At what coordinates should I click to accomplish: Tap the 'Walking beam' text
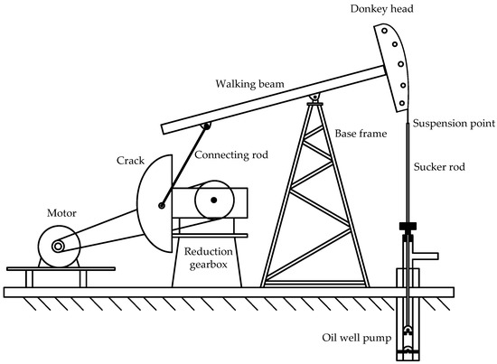coord(250,84)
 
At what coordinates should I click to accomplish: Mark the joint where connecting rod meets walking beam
coord(207,125)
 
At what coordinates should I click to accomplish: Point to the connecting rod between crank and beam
coord(185,163)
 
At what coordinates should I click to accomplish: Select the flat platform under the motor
coord(61,268)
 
